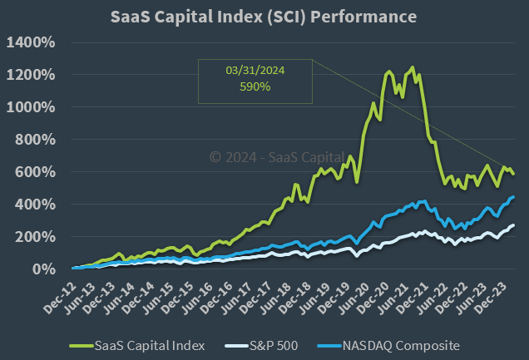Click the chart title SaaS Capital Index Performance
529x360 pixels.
[x=264, y=17]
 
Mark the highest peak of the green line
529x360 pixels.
[x=413, y=67]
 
